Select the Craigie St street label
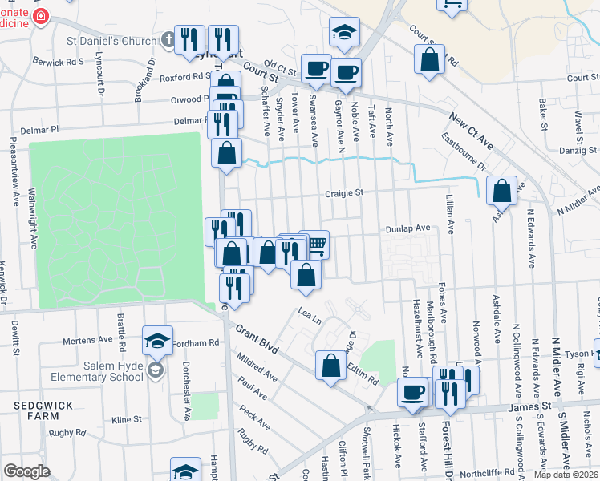[x=344, y=192]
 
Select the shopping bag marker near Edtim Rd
[x=331, y=366]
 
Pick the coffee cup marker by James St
[x=413, y=392]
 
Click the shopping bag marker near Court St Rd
[x=430, y=59]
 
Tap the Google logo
[x=26, y=471]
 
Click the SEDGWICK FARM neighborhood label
[x=36, y=411]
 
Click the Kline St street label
[x=127, y=419]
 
